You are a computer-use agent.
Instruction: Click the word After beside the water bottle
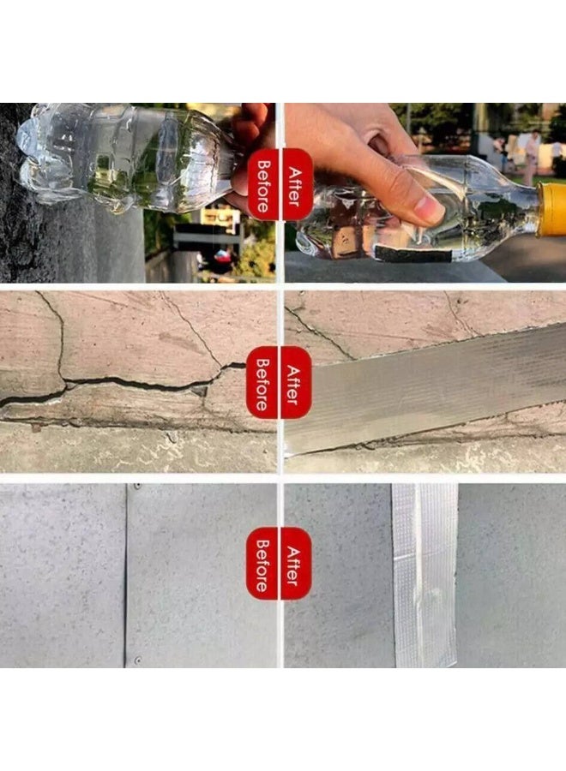(294, 186)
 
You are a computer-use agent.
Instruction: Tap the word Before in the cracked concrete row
(262, 384)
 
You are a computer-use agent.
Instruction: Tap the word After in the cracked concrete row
(294, 384)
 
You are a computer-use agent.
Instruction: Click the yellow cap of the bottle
(551, 209)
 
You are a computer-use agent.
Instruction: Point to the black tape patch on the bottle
(412, 254)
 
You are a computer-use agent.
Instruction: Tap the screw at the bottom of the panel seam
(138, 660)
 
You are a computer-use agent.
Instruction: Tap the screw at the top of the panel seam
(137, 487)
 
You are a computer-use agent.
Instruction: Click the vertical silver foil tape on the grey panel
(424, 576)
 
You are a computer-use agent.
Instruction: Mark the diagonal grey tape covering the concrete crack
(425, 388)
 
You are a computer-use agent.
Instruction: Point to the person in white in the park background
(531, 158)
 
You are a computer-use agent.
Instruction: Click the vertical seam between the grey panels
(125, 576)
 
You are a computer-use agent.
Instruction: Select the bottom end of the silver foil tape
(426, 664)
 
